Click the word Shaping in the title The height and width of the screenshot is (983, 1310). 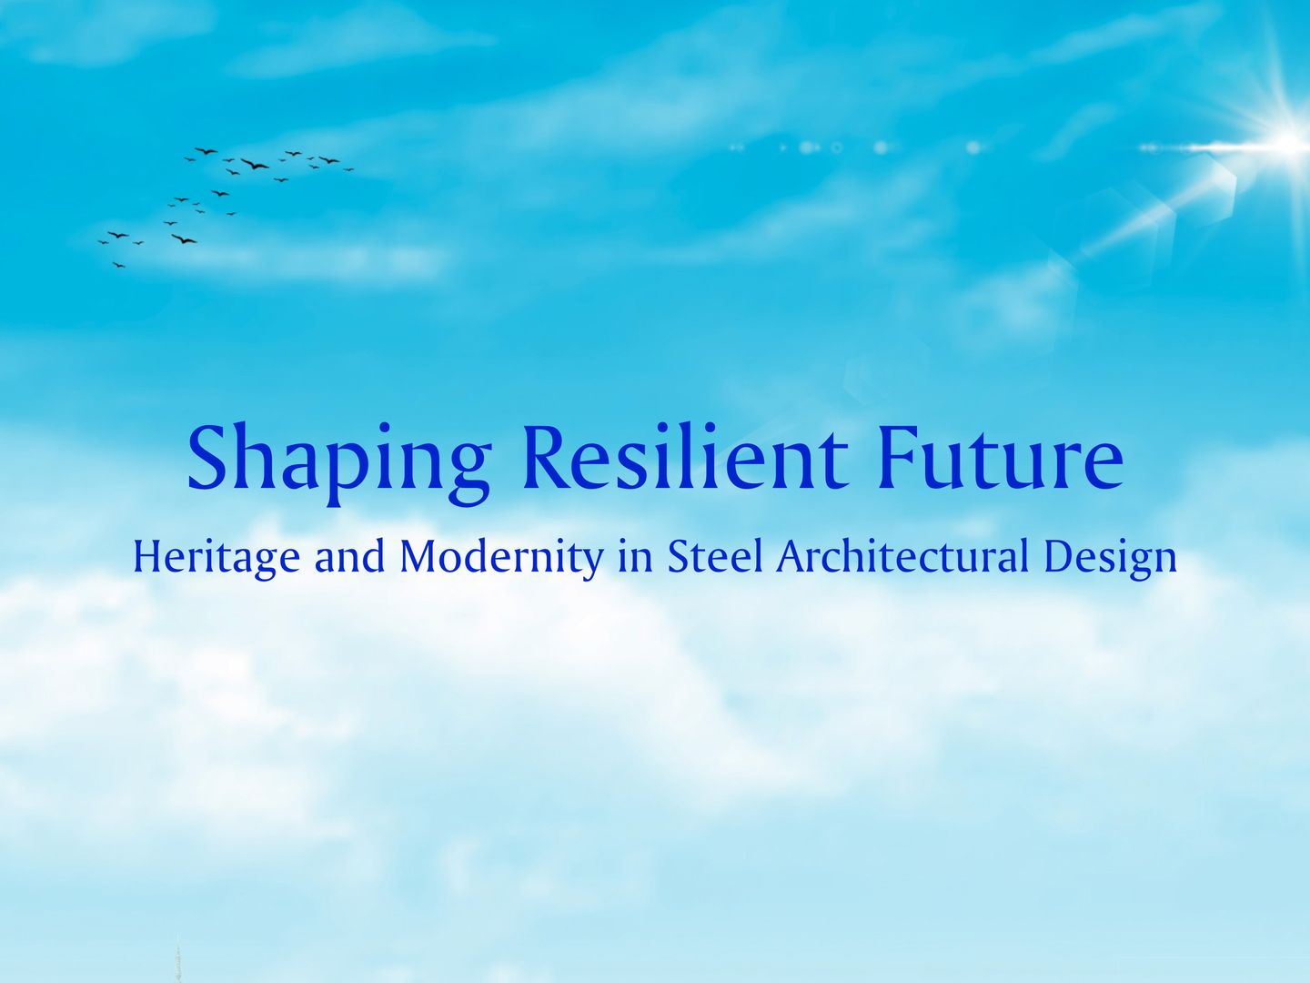(338, 461)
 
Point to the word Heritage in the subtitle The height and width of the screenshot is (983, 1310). (216, 557)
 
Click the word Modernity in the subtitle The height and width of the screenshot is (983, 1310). (501, 557)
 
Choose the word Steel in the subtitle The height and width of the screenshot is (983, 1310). (715, 556)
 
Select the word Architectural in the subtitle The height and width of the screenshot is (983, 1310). (902, 556)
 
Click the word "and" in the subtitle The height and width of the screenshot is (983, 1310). (349, 557)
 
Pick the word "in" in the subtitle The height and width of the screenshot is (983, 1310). (635, 557)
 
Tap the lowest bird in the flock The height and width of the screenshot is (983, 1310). (118, 265)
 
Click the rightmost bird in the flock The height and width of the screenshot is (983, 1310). (348, 169)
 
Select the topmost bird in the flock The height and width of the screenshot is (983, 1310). (207, 150)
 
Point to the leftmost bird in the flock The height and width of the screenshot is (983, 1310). (103, 241)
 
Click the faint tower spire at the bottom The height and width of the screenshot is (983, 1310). (178, 960)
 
